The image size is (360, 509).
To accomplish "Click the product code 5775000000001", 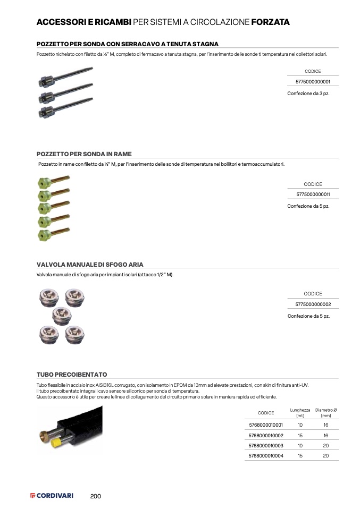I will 313,82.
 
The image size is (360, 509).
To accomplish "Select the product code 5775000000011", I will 313,194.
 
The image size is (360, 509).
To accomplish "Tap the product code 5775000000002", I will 313,304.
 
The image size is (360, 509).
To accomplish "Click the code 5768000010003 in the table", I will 266,446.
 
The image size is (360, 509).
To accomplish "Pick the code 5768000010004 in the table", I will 266,456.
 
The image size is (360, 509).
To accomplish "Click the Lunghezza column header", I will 300,413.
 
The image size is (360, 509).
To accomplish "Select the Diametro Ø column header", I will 326,413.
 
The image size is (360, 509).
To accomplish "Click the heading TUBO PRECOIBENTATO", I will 72,375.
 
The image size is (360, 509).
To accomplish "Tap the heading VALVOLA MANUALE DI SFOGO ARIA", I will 90,265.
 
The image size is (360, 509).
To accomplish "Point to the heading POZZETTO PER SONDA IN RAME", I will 84,154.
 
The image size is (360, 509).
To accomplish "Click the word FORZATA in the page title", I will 270,22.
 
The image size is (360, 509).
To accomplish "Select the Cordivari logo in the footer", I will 52,496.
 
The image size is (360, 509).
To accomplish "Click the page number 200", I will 96,496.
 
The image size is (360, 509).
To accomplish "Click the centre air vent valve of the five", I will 62,316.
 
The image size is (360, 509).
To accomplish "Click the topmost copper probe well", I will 54,182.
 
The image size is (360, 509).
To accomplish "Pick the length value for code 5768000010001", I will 300,426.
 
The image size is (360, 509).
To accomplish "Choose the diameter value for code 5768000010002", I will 326,436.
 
